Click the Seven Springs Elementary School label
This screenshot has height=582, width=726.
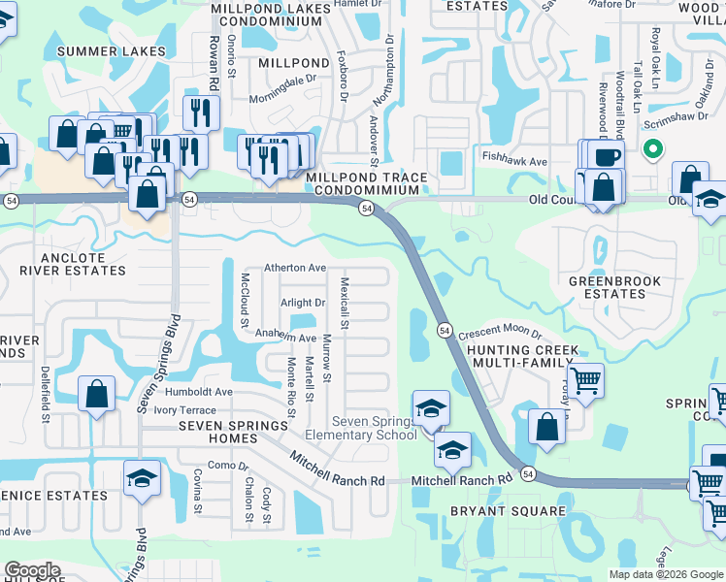click(375, 428)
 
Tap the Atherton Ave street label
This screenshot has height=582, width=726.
click(296, 268)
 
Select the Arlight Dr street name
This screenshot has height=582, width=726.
click(303, 304)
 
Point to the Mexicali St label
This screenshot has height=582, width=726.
click(345, 301)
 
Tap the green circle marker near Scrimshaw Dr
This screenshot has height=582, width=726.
click(653, 150)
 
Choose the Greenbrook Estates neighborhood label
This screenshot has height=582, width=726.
click(614, 287)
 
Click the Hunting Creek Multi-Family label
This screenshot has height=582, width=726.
click(523, 356)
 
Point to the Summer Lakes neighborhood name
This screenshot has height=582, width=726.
click(111, 51)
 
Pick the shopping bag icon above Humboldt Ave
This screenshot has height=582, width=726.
click(96, 395)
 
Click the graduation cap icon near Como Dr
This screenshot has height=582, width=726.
click(143, 478)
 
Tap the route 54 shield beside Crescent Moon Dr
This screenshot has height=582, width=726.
click(443, 329)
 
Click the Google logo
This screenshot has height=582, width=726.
click(32, 570)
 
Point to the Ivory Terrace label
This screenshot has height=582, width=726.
click(184, 410)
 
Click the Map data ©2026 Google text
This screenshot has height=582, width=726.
click(665, 574)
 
